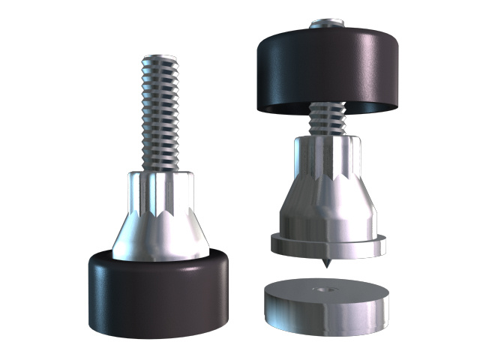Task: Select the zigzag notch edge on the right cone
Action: (327, 184)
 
